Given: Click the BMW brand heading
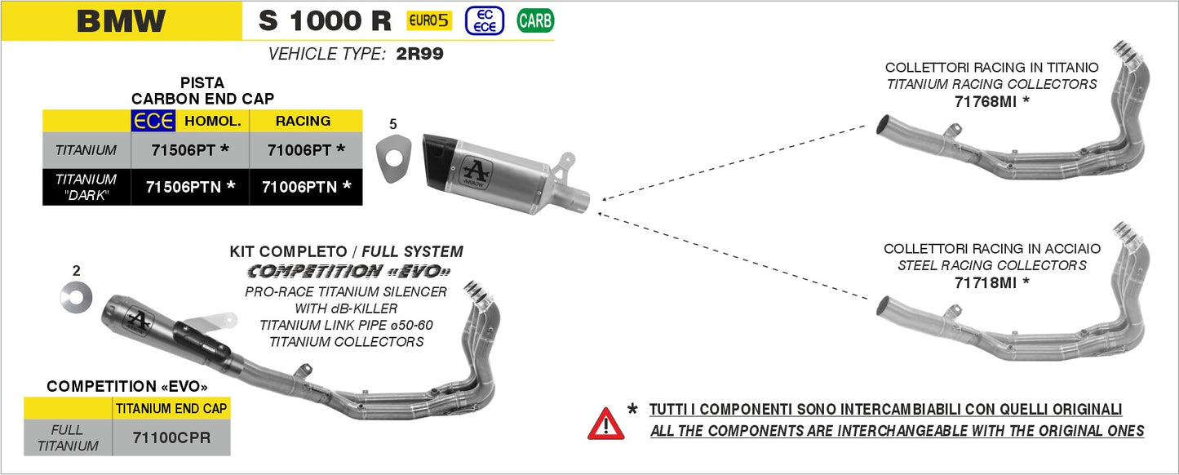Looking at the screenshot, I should [x=121, y=21].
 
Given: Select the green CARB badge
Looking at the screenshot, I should [x=535, y=20].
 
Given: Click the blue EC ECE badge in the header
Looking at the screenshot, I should [x=484, y=20].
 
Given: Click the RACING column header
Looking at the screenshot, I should [x=303, y=121].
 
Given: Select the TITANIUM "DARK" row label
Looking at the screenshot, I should [x=86, y=187].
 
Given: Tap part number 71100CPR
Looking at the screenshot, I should [x=171, y=437].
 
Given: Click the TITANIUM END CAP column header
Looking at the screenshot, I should [x=171, y=408].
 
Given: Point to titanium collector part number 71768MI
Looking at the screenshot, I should [x=991, y=102].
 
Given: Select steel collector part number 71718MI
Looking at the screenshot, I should [x=991, y=283].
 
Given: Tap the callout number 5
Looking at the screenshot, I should [x=393, y=124].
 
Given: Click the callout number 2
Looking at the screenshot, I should [x=76, y=270].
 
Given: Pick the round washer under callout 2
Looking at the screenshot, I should [x=76, y=297].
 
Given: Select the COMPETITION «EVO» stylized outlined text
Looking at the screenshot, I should [x=348, y=270].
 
